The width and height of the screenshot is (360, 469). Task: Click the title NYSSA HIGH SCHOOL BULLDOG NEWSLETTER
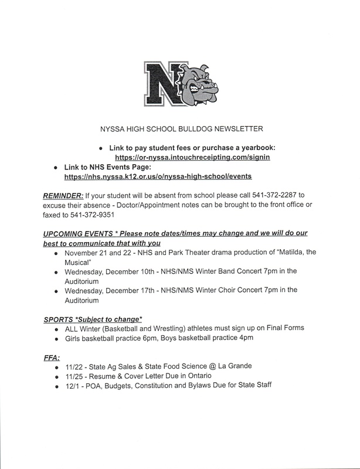coord(179,130)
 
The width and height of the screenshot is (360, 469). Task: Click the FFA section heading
coord(52,355)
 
